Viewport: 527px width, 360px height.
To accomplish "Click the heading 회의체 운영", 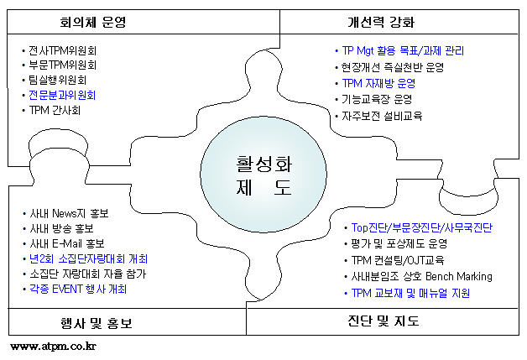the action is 93,22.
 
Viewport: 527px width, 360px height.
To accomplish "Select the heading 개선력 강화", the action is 381,22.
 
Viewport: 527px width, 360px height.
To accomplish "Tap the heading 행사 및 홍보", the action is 97,323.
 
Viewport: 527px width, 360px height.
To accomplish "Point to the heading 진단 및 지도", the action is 384,321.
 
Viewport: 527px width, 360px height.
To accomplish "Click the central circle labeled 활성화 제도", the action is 263,175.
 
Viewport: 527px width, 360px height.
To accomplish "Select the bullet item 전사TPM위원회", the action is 62,50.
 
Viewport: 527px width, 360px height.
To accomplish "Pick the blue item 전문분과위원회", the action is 62,95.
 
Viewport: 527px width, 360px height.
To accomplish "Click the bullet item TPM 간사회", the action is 55,110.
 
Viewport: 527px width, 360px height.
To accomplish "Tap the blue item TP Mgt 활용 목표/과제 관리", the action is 403,50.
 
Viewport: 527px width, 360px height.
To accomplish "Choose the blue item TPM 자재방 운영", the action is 378,83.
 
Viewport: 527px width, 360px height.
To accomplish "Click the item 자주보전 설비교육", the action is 382,116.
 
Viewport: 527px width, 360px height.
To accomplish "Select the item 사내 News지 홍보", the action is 70,213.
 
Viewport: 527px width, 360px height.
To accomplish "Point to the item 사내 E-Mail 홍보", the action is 67,243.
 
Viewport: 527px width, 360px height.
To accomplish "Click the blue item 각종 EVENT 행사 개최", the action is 78,289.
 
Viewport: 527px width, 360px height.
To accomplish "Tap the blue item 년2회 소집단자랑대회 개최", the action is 88,258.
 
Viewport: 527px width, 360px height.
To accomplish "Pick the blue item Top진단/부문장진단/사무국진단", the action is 422,227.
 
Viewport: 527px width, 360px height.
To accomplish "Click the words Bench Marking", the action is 459,277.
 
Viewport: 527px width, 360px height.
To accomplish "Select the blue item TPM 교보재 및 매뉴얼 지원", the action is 410,293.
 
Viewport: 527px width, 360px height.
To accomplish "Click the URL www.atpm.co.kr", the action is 53,347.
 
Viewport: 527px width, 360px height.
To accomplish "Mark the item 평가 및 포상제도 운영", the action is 399,243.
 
